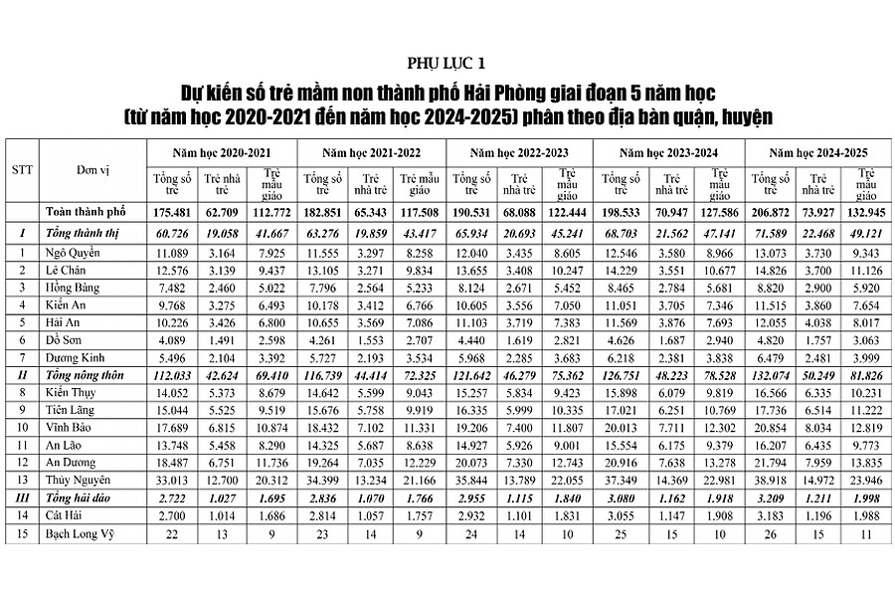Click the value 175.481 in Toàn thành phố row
tap(172, 213)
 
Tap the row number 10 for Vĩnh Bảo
tap(22, 427)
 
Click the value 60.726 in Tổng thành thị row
tap(172, 234)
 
